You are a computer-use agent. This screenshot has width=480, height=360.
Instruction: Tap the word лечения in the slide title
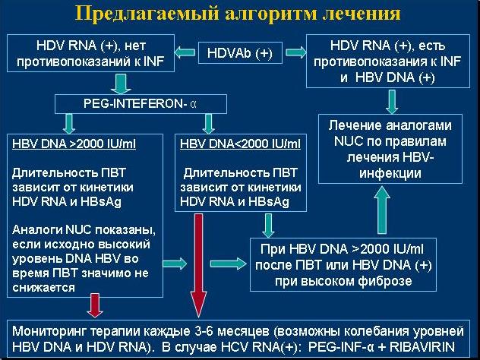(x=359, y=14)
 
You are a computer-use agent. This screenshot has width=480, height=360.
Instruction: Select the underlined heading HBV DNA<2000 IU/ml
(x=240, y=144)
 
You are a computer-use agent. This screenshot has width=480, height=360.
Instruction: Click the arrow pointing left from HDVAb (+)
(x=183, y=52)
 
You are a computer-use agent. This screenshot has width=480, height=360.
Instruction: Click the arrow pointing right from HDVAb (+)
(x=293, y=52)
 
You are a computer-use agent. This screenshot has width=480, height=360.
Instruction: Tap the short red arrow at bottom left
(x=95, y=305)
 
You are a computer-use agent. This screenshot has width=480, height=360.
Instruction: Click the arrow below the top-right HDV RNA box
(x=392, y=101)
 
